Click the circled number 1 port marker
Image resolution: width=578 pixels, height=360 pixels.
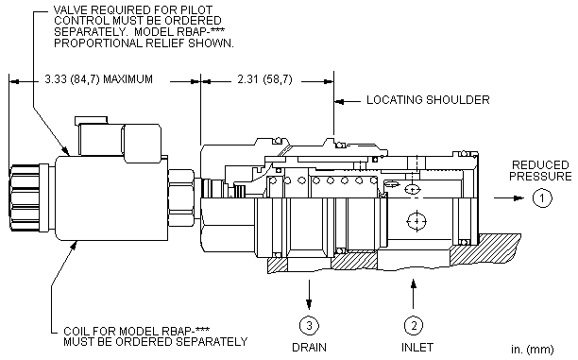tap(542, 198)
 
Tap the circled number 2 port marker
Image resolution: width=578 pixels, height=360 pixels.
tap(414, 325)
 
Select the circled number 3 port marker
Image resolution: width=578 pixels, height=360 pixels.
tap(309, 325)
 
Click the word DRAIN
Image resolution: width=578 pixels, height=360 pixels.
tap(309, 348)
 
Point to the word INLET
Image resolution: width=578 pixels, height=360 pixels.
tap(416, 348)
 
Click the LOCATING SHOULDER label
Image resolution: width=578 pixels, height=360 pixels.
tap(428, 100)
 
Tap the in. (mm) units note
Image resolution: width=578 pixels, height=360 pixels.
tap(533, 349)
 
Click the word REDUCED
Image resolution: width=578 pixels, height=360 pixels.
tap(540, 164)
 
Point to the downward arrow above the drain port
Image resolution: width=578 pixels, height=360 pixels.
tap(309, 295)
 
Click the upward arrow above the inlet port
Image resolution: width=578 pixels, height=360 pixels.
tap(414, 294)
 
